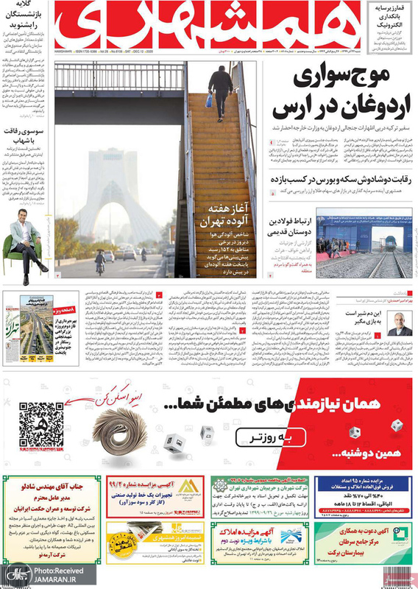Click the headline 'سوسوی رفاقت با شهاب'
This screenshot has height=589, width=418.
tap(27, 132)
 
